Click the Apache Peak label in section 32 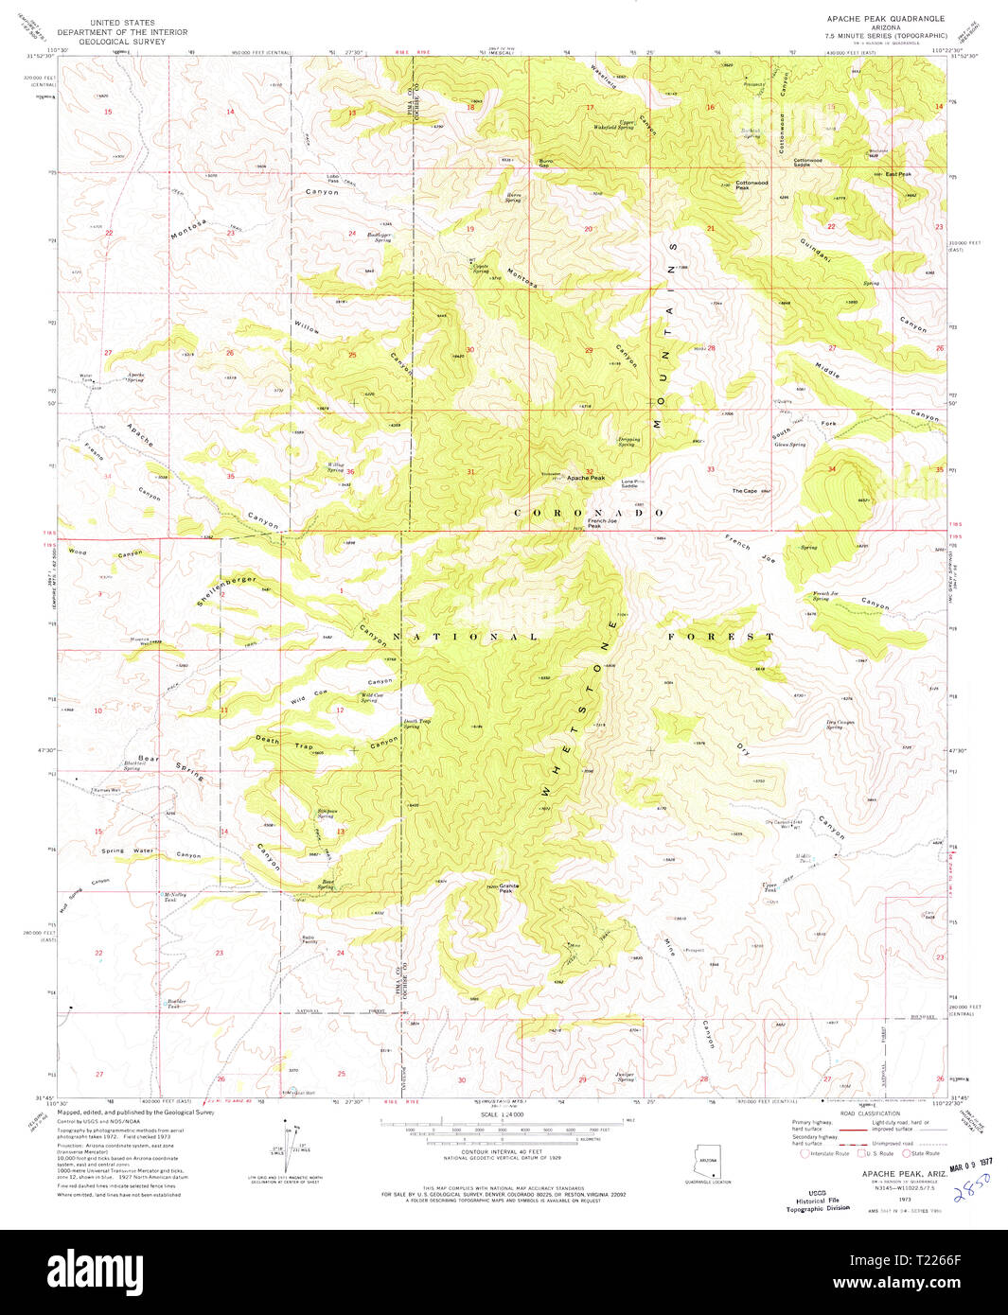pos(585,478)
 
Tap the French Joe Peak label pos(593,523)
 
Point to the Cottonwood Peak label pos(752,184)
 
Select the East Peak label pos(897,174)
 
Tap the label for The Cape pos(745,491)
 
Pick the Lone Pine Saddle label pos(633,483)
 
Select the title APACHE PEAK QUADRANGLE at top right pos(885,18)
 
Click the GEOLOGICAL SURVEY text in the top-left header pos(121,42)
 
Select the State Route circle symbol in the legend pos(906,1153)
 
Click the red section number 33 pos(710,469)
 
